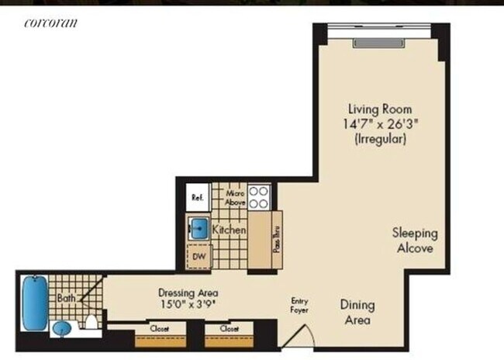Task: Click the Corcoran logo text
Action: pyautogui.click(x=50, y=22)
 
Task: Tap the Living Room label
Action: pyautogui.click(x=380, y=109)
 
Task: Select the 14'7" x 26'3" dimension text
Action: pyautogui.click(x=381, y=124)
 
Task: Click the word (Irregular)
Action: pyautogui.click(x=381, y=139)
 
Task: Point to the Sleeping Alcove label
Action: pyautogui.click(x=415, y=241)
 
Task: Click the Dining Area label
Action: pyautogui.click(x=357, y=313)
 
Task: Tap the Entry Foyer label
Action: pyautogui.click(x=299, y=306)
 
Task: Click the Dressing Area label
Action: pyautogui.click(x=188, y=292)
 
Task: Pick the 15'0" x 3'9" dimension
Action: pyautogui.click(x=188, y=304)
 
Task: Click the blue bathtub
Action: pyautogui.click(x=35, y=303)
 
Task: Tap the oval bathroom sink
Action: pyautogui.click(x=62, y=328)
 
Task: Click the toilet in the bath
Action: pyautogui.click(x=91, y=322)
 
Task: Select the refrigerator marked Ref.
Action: pyautogui.click(x=198, y=197)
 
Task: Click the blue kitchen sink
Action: pyautogui.click(x=199, y=228)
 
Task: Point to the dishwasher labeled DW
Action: pyautogui.click(x=199, y=257)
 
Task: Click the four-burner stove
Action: pyautogui.click(x=259, y=197)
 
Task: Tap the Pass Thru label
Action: pyautogui.click(x=277, y=240)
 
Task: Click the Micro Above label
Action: pyautogui.click(x=235, y=198)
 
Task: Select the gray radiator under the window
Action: pyautogui.click(x=378, y=43)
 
